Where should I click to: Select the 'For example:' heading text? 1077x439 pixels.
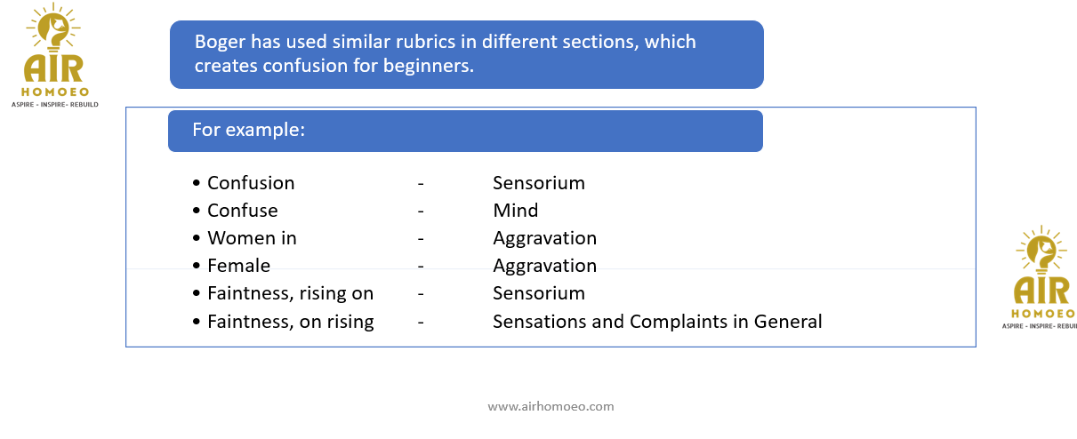point(249,130)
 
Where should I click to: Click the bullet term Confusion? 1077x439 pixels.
point(251,183)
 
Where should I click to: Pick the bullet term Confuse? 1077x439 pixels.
point(242,211)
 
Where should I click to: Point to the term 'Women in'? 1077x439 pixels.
point(252,238)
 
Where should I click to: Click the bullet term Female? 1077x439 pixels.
point(238,266)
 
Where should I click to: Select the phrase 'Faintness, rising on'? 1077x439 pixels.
point(290,293)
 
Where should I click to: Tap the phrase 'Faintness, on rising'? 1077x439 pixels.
point(291,322)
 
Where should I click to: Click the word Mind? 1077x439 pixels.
point(516,211)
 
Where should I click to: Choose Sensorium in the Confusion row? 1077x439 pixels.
point(539,183)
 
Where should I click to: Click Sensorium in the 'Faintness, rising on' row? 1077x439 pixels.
point(539,293)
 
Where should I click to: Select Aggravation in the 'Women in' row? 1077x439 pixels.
point(545,239)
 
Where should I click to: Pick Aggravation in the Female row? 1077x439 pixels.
point(545,266)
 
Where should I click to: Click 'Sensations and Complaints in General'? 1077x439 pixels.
point(657,322)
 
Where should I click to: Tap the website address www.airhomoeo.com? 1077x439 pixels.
point(551,406)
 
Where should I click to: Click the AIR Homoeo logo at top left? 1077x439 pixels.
point(55,55)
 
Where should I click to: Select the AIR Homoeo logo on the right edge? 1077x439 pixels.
point(1041,277)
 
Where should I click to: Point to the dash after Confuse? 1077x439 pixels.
point(421,211)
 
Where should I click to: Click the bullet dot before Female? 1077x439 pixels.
point(197,266)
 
